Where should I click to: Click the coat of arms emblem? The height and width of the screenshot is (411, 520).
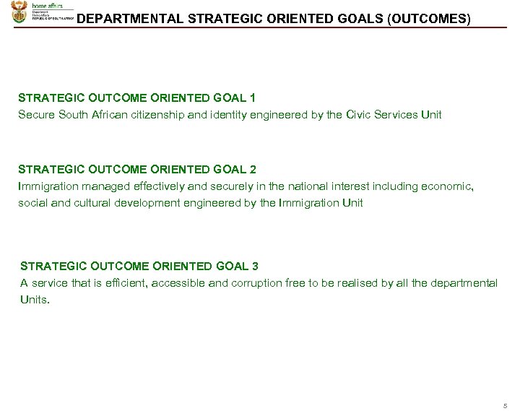pyautogui.click(x=20, y=12)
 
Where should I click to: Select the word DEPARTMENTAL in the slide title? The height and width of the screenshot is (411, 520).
pyautogui.click(x=129, y=19)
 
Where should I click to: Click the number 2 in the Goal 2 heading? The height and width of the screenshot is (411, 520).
pyautogui.click(x=252, y=170)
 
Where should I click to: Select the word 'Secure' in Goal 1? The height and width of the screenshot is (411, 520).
pyautogui.click(x=35, y=115)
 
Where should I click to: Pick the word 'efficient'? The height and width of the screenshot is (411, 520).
pyautogui.click(x=121, y=283)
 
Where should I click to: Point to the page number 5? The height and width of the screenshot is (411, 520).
pyautogui.click(x=505, y=404)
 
